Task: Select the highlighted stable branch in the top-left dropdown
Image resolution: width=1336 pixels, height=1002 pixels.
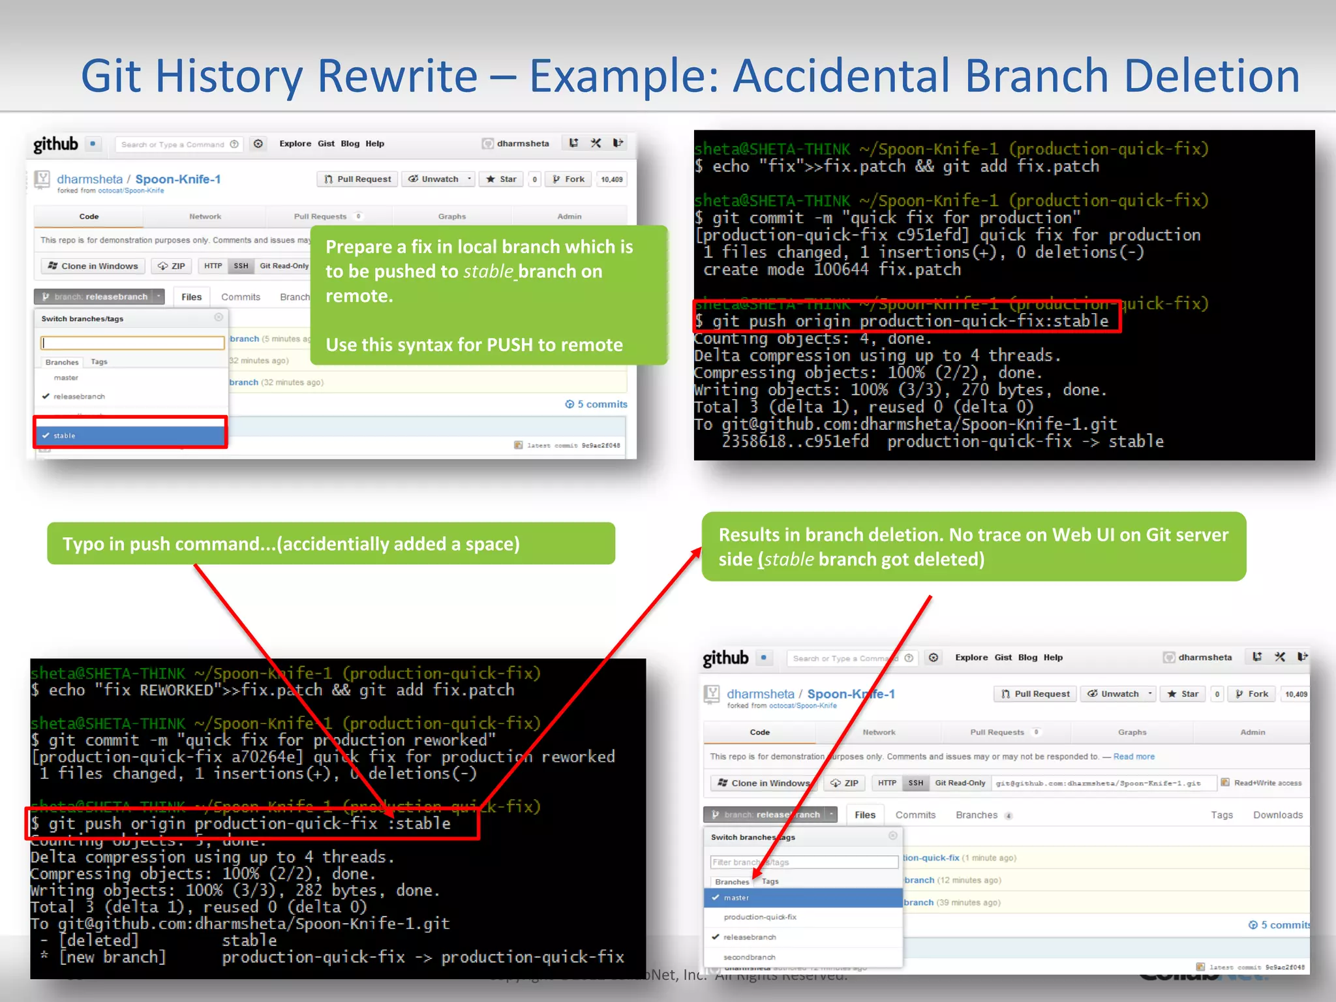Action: pos(130,435)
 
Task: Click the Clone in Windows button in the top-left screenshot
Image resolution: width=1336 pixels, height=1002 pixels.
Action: pos(93,266)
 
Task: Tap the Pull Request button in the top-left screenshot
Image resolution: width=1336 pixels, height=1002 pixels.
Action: pos(357,179)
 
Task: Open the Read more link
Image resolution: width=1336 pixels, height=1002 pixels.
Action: pos(1133,757)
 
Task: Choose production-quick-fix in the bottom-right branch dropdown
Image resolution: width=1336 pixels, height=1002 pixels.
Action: pos(760,917)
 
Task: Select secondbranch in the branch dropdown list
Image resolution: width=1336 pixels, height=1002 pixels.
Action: pos(749,957)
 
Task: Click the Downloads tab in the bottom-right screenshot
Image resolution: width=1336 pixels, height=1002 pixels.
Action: pos(1277,815)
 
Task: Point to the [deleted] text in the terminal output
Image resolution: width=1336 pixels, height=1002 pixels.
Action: pos(99,941)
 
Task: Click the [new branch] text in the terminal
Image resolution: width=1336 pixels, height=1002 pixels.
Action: pos(112,958)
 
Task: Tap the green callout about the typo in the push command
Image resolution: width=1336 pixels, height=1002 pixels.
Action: pos(331,543)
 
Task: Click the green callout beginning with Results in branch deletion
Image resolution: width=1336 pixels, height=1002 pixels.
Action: pos(973,547)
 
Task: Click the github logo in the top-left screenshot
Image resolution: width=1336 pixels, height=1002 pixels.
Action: pos(56,144)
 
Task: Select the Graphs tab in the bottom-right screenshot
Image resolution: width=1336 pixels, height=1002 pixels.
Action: pos(1132,733)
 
